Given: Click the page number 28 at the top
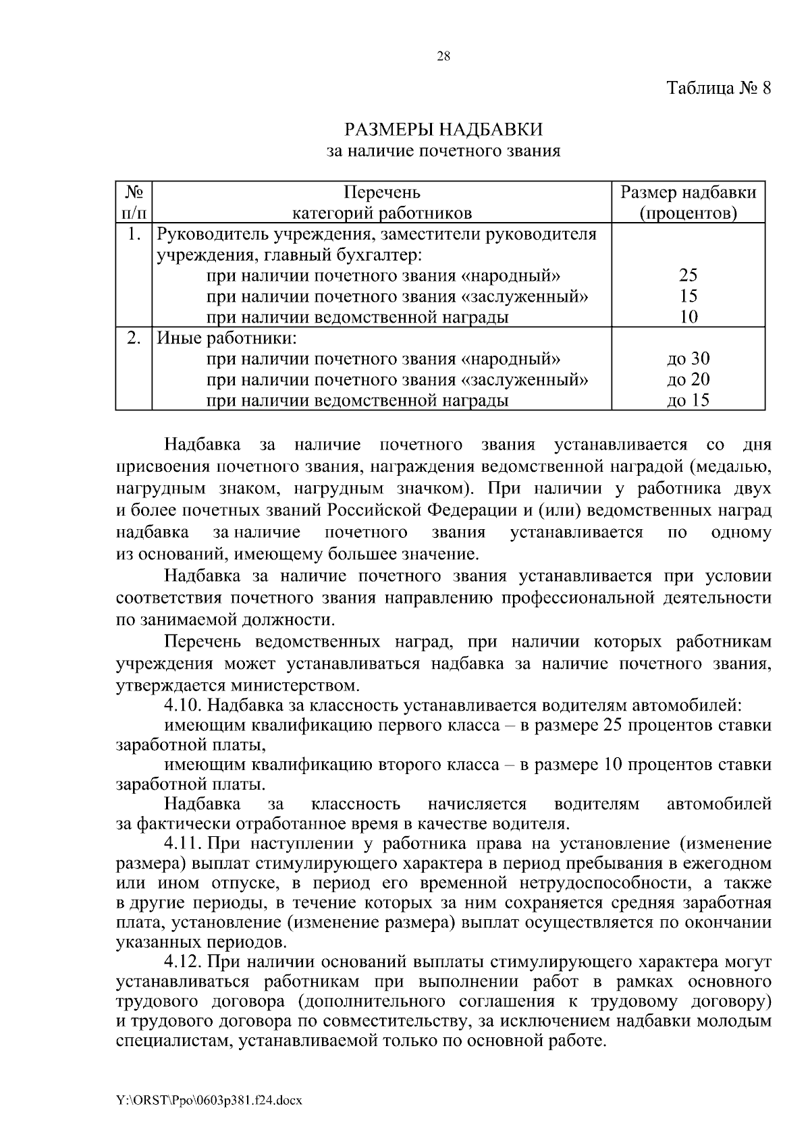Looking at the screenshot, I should (x=443, y=57).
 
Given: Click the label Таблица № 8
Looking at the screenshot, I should (x=718, y=88).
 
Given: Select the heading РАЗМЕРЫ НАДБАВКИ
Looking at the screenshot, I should (x=443, y=129).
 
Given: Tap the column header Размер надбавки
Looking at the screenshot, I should (x=688, y=193).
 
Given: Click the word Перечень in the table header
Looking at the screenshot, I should (x=381, y=193).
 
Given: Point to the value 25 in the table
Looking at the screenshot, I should (x=688, y=275).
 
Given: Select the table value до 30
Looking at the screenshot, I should (x=688, y=359).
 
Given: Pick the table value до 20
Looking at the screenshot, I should (x=688, y=380).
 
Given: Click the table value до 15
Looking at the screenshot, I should (x=688, y=401).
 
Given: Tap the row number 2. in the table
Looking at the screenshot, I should (x=133, y=338).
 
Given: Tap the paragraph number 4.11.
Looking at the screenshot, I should (x=182, y=844).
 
